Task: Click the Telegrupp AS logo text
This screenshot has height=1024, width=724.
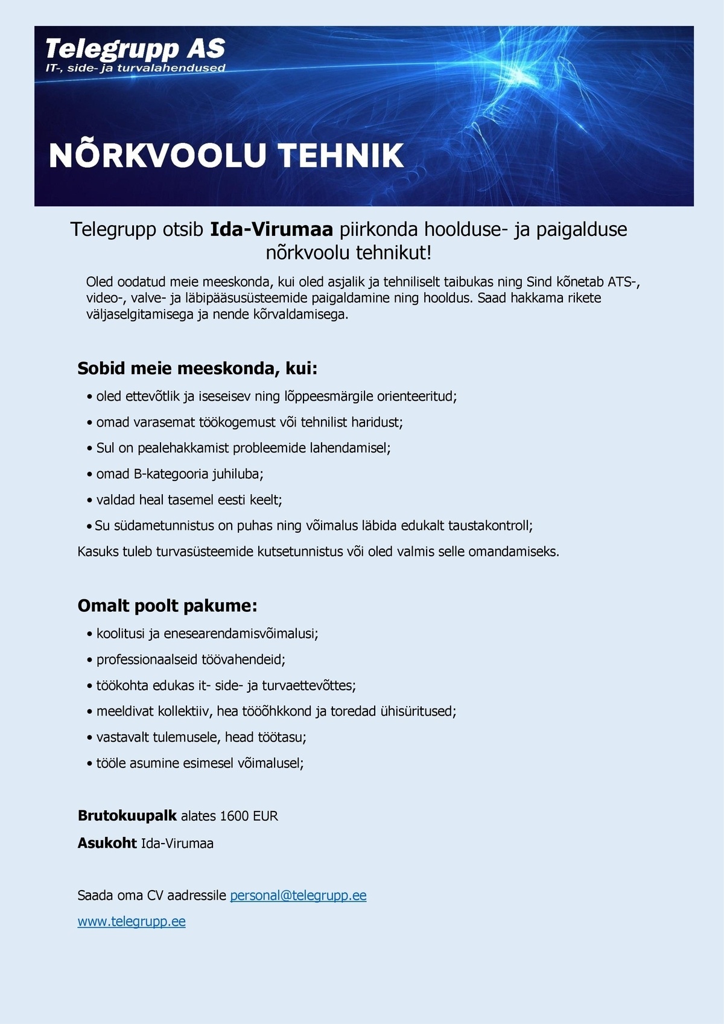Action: (x=135, y=48)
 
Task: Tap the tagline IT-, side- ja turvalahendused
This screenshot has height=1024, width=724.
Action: (x=135, y=68)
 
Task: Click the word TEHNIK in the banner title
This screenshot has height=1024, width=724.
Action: (x=341, y=156)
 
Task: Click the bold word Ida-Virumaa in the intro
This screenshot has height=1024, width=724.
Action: (x=271, y=230)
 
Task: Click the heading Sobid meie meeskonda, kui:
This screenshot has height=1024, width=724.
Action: (x=197, y=369)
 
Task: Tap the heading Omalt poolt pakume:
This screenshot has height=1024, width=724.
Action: (x=167, y=606)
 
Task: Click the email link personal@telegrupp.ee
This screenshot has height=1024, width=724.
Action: (x=298, y=895)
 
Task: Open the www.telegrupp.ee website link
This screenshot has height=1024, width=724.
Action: (x=132, y=921)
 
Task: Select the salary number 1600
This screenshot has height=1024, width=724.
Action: (x=234, y=816)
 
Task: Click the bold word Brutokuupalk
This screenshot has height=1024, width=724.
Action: (x=127, y=816)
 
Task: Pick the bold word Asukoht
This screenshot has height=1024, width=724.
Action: (x=107, y=843)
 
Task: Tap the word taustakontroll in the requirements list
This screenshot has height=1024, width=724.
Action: (x=489, y=526)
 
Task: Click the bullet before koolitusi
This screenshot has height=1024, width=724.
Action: (x=90, y=634)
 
